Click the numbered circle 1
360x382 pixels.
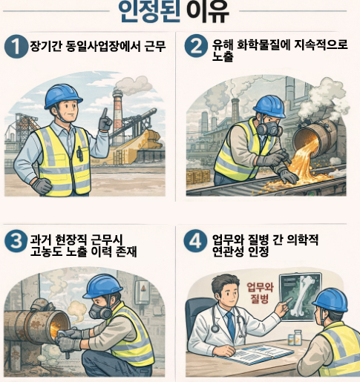(x=16, y=47)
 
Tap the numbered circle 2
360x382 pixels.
(x=196, y=46)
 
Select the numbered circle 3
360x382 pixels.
(x=16, y=241)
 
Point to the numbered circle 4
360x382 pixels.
(x=195, y=241)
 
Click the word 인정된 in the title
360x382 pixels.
(x=148, y=11)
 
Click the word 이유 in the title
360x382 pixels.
(x=208, y=11)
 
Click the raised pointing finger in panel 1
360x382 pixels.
(x=105, y=114)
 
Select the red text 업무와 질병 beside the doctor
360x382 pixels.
(x=260, y=293)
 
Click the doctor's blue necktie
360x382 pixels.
(x=231, y=325)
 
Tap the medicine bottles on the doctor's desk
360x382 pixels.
(x=295, y=337)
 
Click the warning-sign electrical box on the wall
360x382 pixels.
(x=142, y=292)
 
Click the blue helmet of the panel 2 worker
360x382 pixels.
(x=269, y=106)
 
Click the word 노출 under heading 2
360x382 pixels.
(x=223, y=56)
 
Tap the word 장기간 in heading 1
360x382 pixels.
(x=46, y=46)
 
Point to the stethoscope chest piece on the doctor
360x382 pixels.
(x=215, y=329)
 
